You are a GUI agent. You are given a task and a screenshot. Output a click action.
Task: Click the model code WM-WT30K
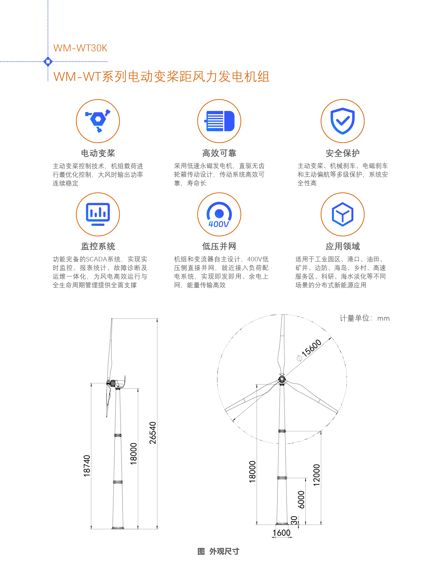[80, 48]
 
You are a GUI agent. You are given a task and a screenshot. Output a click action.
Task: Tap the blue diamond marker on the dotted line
[48, 61]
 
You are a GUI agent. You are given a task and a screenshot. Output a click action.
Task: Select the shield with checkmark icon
[343, 121]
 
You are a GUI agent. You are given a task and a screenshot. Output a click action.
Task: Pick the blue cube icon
[343, 214]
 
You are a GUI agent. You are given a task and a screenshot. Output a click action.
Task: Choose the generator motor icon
[220, 121]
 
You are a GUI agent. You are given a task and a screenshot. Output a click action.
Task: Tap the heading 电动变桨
[98, 153]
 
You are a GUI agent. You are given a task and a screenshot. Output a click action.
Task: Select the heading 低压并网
[219, 246]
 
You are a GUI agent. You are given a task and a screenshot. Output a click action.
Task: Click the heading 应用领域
[343, 246]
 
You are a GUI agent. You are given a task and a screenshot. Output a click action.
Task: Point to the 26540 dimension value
[153, 432]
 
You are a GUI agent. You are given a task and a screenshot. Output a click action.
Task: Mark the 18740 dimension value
[87, 466]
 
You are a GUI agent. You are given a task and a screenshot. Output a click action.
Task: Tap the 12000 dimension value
[317, 475]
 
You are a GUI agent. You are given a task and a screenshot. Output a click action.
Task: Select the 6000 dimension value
[301, 499]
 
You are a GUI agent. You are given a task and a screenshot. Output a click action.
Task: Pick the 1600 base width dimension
[282, 533]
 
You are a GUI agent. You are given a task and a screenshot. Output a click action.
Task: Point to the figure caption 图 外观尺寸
[218, 551]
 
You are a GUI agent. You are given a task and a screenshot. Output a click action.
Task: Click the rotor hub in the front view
[282, 379]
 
